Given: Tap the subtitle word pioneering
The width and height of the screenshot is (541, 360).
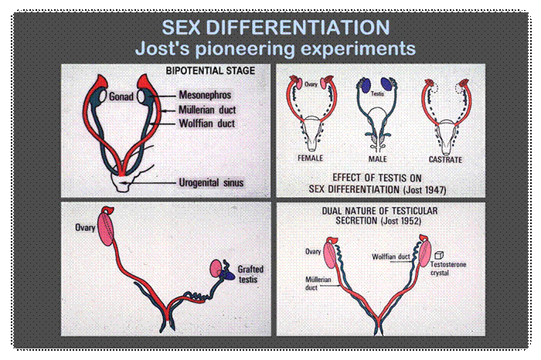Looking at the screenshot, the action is (x=244, y=49).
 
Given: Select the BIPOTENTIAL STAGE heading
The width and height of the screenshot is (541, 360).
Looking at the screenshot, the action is (x=210, y=71).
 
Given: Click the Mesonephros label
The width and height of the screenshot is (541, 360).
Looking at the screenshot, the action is (x=205, y=95).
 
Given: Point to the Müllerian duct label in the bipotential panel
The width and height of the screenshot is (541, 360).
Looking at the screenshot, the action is (x=207, y=110).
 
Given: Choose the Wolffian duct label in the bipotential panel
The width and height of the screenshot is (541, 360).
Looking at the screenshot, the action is (x=207, y=124).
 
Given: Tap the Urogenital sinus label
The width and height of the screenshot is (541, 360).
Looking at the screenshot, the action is (x=211, y=182).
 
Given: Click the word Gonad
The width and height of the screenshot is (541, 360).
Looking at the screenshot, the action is (x=121, y=97).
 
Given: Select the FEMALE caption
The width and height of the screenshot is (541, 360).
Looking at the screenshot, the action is (x=310, y=158).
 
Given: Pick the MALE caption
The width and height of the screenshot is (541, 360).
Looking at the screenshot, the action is (x=377, y=159).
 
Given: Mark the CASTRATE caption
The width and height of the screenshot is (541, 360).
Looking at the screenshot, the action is (x=445, y=160).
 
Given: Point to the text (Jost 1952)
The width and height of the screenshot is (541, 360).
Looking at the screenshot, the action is (x=401, y=220).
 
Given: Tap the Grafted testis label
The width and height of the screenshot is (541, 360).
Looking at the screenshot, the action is (x=250, y=273).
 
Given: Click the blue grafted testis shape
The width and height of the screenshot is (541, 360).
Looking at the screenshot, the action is (x=228, y=274).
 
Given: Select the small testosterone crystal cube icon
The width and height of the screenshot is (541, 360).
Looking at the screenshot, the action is (x=438, y=255).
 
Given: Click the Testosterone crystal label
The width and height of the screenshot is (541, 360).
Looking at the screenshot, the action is (x=447, y=268).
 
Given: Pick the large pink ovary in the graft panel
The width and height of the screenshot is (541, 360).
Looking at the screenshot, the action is (x=107, y=229).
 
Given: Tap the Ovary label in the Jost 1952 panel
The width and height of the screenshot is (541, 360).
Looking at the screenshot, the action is (x=313, y=252).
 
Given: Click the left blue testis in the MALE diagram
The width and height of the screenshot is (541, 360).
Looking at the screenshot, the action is (x=366, y=86).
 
